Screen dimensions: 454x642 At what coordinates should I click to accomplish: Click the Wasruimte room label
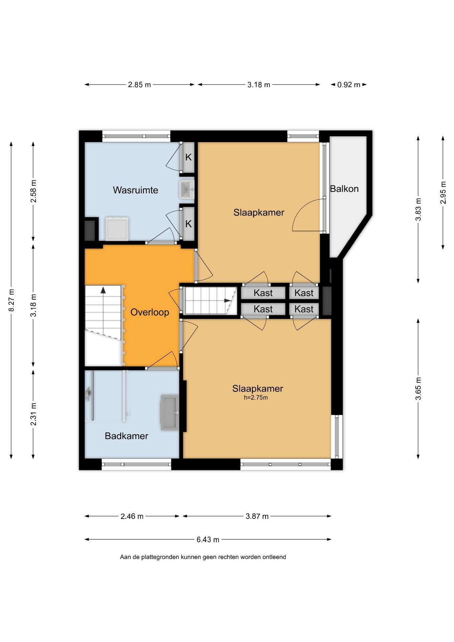point(135,190)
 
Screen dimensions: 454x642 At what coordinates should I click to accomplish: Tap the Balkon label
point(344,189)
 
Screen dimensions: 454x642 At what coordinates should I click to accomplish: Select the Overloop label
point(150,312)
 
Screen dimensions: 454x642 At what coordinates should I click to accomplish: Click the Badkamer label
point(126,436)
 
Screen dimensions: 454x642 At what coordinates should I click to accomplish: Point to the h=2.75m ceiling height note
point(256,398)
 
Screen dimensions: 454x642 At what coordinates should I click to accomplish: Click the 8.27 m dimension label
point(11,300)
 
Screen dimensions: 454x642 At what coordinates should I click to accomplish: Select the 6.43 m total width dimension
point(208,540)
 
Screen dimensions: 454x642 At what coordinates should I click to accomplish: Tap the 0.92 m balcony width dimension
point(349,85)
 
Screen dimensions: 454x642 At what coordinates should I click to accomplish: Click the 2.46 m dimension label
point(132,516)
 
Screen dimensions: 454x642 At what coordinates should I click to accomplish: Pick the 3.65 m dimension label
point(418,389)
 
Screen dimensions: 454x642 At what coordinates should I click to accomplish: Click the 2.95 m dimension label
point(443,193)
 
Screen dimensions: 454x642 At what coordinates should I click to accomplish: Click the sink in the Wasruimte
point(187,190)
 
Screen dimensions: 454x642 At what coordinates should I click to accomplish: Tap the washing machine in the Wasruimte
point(117,229)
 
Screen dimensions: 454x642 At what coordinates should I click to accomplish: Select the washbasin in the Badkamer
point(170,412)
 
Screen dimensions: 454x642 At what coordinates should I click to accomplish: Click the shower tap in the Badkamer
point(88,394)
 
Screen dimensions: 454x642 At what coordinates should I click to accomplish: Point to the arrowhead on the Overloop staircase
point(103,290)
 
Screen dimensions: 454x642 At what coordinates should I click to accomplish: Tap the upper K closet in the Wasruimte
point(189,157)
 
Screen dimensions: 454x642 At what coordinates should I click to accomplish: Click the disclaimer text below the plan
point(203,557)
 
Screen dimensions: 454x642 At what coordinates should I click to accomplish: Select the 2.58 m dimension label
point(33,191)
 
